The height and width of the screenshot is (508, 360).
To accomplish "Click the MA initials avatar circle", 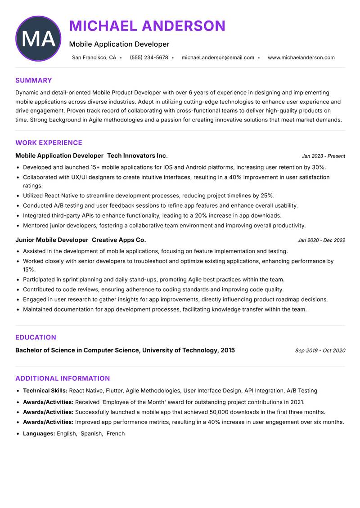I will tap(38, 39).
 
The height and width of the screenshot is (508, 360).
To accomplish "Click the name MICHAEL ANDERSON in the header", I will tap(147, 26).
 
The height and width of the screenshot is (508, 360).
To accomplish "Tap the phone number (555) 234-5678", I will tap(148, 58).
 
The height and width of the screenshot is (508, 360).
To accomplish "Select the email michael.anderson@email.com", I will tap(218, 58).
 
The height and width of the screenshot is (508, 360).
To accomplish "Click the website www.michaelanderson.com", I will tap(301, 58).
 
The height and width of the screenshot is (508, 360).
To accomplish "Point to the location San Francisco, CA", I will tap(94, 58).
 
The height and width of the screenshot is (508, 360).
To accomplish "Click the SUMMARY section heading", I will tap(34, 80).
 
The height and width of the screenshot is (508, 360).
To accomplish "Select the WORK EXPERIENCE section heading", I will tap(49, 143).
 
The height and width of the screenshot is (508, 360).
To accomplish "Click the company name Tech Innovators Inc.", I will tap(137, 156).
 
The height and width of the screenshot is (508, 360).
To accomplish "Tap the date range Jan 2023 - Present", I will tap(323, 156).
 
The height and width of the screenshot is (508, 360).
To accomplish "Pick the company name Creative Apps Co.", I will tap(119, 240).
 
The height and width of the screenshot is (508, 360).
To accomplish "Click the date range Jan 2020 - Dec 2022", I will tap(321, 241).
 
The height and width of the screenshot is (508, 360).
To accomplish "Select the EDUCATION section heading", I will tap(36, 338).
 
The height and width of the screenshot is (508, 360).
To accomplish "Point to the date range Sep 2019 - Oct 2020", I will tap(320, 351).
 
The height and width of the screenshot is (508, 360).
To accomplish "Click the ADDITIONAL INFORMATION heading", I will tap(63, 379).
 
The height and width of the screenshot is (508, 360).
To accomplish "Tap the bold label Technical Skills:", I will tap(45, 391).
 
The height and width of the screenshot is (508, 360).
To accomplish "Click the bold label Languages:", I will tap(39, 434).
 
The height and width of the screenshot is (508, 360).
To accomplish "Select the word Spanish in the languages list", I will tap(91, 434).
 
